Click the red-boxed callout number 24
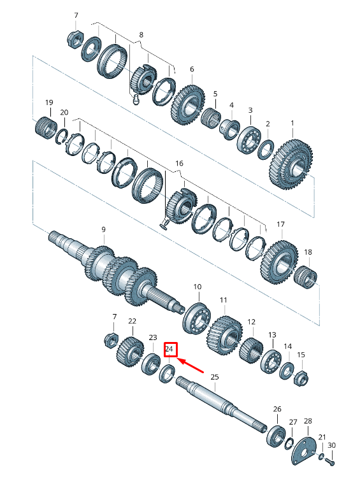click(169, 349)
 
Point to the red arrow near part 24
click(193, 367)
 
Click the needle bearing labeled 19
click(46, 125)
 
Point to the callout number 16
click(179, 164)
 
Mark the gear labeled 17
click(278, 261)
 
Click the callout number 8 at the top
click(141, 34)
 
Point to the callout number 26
click(277, 409)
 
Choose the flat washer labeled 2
click(266, 149)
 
